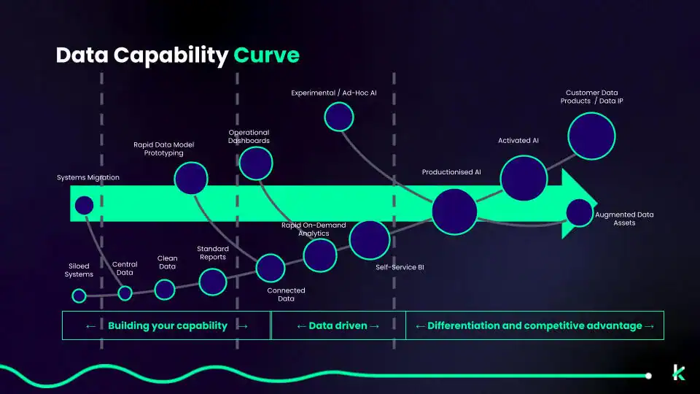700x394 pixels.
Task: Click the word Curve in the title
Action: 266,56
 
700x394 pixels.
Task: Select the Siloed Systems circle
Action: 79,295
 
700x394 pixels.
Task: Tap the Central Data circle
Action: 125,293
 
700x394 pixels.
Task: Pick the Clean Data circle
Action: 165,290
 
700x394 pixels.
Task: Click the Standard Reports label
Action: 212,253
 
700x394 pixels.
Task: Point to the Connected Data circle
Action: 271,268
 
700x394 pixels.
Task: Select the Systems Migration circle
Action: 84,205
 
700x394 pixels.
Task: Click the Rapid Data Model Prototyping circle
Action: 191,178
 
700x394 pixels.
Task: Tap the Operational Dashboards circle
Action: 256,163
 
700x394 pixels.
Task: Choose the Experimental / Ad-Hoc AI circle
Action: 339,116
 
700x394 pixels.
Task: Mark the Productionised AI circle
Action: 454,210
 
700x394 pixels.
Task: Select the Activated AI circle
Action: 524,178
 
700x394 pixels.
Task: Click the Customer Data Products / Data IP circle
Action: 592,135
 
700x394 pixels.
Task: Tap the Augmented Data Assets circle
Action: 579,212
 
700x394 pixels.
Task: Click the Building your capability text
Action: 167,325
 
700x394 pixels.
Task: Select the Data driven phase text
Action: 338,325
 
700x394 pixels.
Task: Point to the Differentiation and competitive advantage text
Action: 534,325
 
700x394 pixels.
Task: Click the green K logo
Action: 679,372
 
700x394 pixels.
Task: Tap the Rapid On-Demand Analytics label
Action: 314,229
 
